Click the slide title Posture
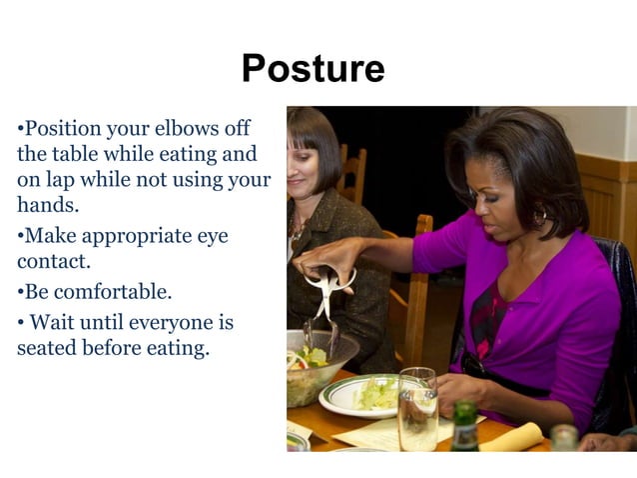click(x=313, y=69)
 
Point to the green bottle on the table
click(x=465, y=427)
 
